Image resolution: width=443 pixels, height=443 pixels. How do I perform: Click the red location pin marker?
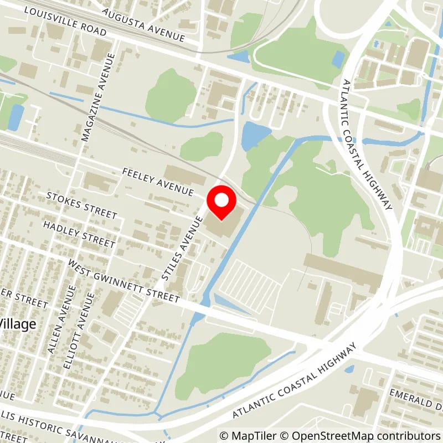pyautogui.click(x=221, y=203)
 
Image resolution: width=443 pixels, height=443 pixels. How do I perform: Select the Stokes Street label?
pyautogui.click(x=82, y=205)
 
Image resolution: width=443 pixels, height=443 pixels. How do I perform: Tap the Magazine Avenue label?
pyautogui.click(x=99, y=97)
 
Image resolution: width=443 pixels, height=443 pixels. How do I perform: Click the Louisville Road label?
pyautogui.click(x=65, y=22)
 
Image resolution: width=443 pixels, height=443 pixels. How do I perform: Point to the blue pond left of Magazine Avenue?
pyautogui.click(x=16, y=117)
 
